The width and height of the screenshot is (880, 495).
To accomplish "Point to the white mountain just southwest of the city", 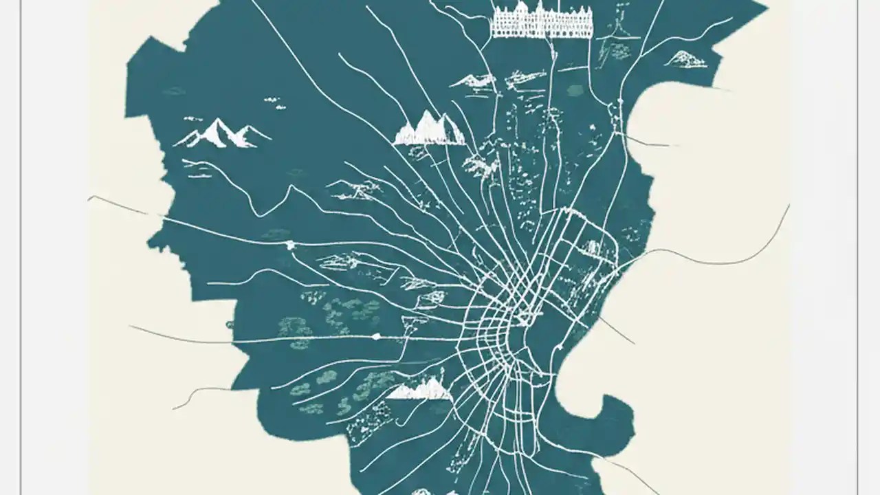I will coord(419,389).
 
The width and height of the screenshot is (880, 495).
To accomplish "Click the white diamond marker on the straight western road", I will coord(376,337).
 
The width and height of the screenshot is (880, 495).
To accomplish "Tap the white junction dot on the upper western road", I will coord(290,245).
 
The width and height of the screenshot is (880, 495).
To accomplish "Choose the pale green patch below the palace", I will coord(575,90).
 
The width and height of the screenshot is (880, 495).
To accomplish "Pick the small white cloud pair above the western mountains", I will coord(275,103).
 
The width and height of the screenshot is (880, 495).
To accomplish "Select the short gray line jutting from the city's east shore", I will coord(615,330).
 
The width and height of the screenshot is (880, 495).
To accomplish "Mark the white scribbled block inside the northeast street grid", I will coord(591,247).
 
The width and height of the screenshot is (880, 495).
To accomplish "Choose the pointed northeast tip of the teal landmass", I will coord(764,8).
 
